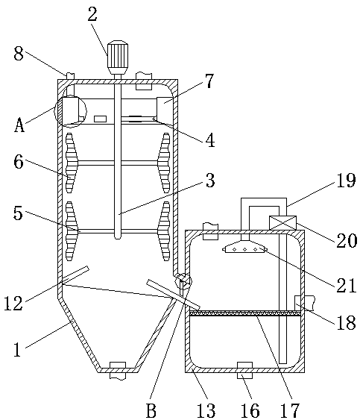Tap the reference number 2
(92, 14)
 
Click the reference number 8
(19, 54)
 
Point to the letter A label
(19, 125)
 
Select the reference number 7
(209, 81)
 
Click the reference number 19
(346, 180)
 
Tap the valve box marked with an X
(282, 223)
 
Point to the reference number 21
(347, 286)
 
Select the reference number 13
(206, 410)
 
